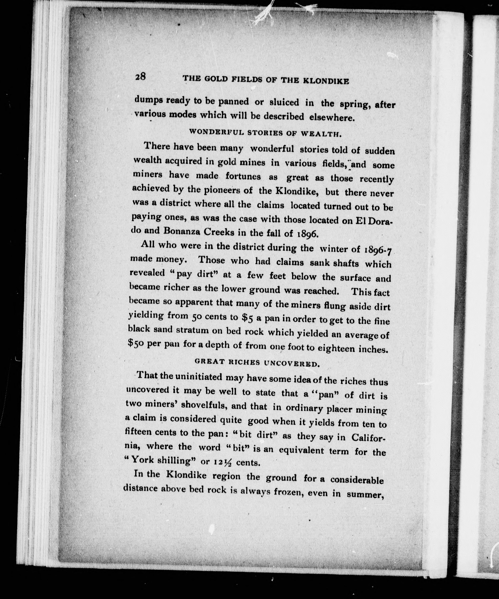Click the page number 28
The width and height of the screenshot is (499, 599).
[141, 77]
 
